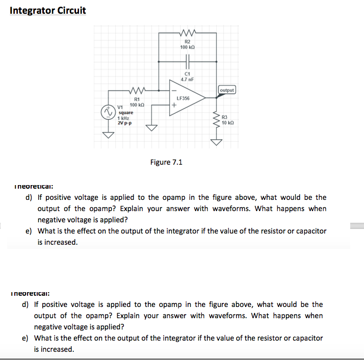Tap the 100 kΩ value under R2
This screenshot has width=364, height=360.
tap(188, 47)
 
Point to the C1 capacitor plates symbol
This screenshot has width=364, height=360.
tap(187, 61)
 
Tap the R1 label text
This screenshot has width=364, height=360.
tap(137, 99)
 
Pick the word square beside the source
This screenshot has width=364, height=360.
tap(125, 113)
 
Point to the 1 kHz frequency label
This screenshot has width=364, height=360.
tap(124, 118)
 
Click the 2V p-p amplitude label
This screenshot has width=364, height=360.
tap(125, 123)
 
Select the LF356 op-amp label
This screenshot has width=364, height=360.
tap(183, 98)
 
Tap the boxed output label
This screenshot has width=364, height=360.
tap(227, 90)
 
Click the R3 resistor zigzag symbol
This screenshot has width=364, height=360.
tap(217, 120)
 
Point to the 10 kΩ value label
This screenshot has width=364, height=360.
tap(228, 123)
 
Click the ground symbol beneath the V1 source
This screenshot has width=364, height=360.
tap(108, 135)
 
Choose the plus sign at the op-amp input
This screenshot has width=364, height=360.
tap(174, 106)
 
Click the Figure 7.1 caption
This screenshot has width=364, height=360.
tap(166, 162)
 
